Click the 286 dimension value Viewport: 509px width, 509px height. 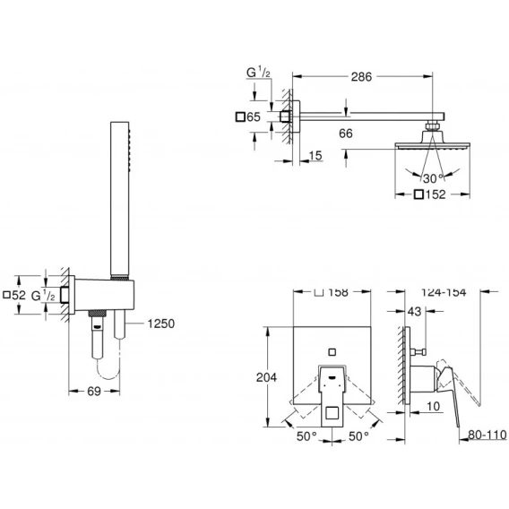pos(361,77)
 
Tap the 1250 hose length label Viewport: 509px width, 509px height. pos(161,324)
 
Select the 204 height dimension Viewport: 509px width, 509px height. pos(266,377)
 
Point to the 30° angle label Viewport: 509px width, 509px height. pos(433,178)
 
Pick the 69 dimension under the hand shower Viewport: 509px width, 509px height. pos(94,392)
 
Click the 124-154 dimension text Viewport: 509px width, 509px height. pos(444,292)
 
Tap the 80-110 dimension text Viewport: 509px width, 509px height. pos(487,435)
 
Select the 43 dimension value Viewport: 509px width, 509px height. pos(414,311)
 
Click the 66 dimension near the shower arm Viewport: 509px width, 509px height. pos(345,134)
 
